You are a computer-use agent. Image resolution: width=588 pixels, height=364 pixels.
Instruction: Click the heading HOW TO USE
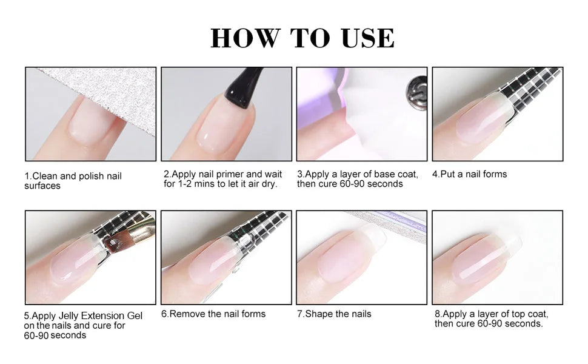pyautogui.click(x=302, y=38)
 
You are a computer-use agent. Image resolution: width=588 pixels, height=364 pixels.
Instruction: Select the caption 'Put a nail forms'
pyautogui.click(x=469, y=174)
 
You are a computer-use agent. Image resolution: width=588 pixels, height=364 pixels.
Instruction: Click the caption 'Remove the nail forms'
pyautogui.click(x=213, y=314)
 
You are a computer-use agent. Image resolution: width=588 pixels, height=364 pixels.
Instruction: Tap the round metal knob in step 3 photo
pyautogui.click(x=415, y=90)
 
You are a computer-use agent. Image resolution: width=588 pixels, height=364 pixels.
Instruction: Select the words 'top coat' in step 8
pyautogui.click(x=530, y=314)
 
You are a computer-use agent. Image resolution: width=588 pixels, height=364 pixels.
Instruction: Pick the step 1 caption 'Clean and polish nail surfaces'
pyautogui.click(x=73, y=181)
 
